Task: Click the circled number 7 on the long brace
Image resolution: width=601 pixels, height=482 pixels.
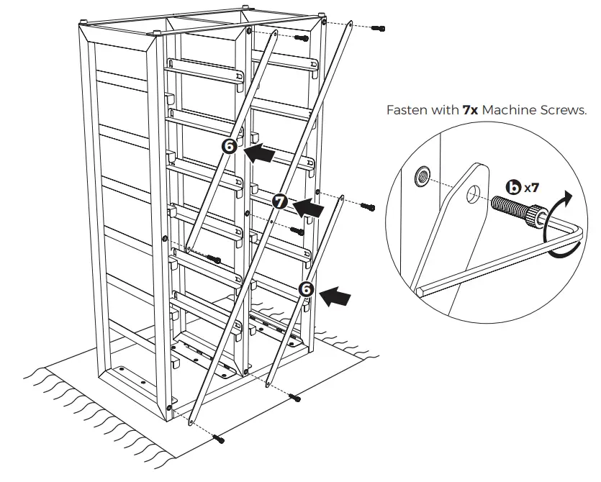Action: coord(281,202)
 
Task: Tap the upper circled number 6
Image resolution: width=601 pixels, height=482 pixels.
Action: coord(230,146)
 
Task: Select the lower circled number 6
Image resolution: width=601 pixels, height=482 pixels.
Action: coord(307,288)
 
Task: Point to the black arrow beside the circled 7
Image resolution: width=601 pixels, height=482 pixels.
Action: coord(308,207)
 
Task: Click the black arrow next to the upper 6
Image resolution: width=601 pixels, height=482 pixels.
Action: coord(260,153)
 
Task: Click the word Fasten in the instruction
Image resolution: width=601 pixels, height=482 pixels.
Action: coord(405,111)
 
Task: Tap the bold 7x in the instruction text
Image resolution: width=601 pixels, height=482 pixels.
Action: coord(470,111)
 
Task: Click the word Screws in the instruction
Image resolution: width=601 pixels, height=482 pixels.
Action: coord(562,111)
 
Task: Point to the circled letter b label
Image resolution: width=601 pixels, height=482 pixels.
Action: coord(513,188)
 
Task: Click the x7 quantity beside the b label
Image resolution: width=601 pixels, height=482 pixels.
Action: coord(531,188)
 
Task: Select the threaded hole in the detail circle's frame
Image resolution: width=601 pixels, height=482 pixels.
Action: coord(422,175)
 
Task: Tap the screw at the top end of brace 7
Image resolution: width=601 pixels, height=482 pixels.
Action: coord(378,28)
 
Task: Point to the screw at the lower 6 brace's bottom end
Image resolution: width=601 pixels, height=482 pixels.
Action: coord(294,397)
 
